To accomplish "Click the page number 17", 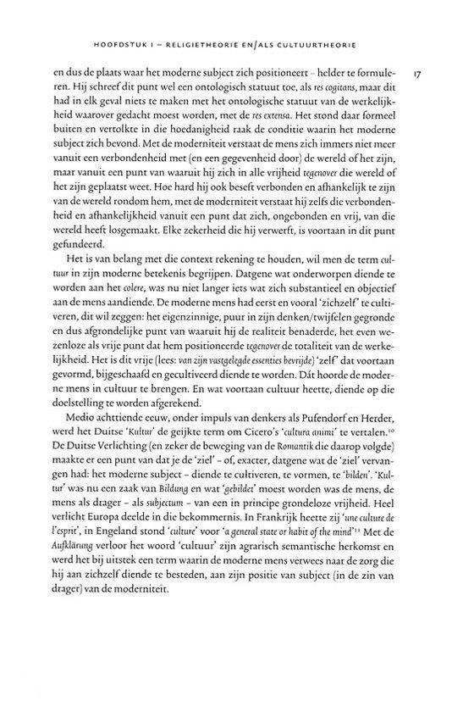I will pyautogui.click(x=418, y=75).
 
